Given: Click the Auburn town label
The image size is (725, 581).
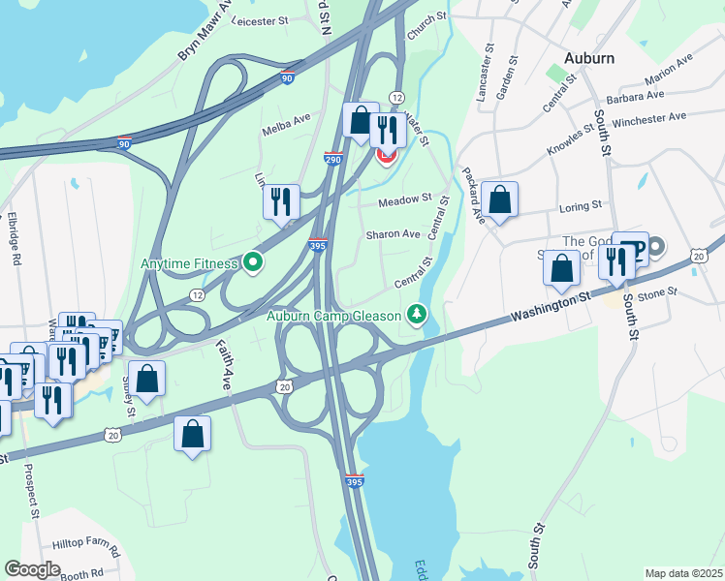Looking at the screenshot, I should pos(586,58).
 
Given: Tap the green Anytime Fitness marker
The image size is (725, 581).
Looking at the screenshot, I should pos(254,261).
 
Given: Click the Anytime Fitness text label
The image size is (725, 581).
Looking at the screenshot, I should pos(190,262).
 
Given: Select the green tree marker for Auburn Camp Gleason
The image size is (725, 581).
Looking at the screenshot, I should pos(417,314).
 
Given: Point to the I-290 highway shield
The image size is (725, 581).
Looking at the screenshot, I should pos(332,157).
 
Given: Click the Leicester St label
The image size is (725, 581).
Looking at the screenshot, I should pos(262,19).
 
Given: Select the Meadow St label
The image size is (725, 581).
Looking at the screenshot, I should pos(404,199).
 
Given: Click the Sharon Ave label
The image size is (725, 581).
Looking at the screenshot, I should pos(393,234).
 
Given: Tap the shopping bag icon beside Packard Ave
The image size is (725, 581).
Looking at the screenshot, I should pos(499,199).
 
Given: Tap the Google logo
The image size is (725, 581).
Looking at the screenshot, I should pos(32,568).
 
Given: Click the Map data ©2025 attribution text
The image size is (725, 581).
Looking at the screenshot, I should pos(682,573).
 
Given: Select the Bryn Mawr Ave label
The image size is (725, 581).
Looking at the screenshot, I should pos(205,37).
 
